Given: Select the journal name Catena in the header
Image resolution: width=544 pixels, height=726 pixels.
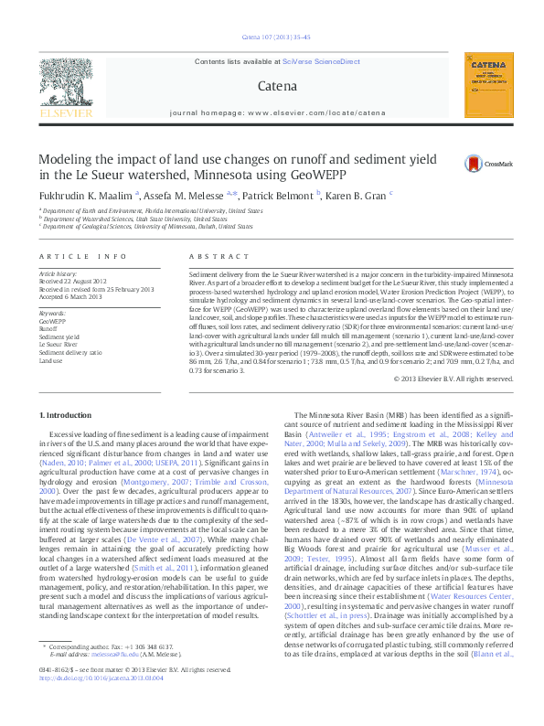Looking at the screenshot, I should [x=278, y=88].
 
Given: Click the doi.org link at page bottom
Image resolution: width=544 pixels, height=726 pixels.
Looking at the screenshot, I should [x=101, y=704].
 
